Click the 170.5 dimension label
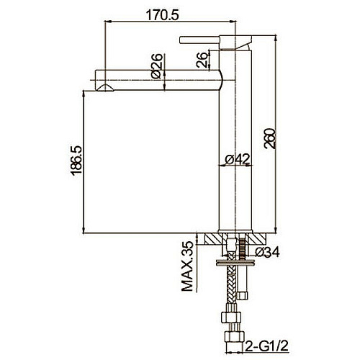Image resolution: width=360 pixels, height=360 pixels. (x=163, y=15)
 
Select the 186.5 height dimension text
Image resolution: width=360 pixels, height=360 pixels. (x=76, y=161)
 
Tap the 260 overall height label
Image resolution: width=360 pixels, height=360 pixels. (x=269, y=139)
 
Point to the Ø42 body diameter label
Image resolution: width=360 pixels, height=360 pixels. (x=238, y=158)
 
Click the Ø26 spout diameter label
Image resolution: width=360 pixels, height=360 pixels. (x=156, y=66)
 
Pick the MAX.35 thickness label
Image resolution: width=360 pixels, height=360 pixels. (x=187, y=266)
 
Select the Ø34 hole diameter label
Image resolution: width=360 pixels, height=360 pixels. (x=267, y=252)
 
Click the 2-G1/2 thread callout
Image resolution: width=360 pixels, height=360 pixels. (x=266, y=346)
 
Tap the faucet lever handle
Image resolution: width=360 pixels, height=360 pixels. (x=199, y=40)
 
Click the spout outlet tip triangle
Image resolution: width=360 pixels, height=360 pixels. (x=104, y=88)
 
